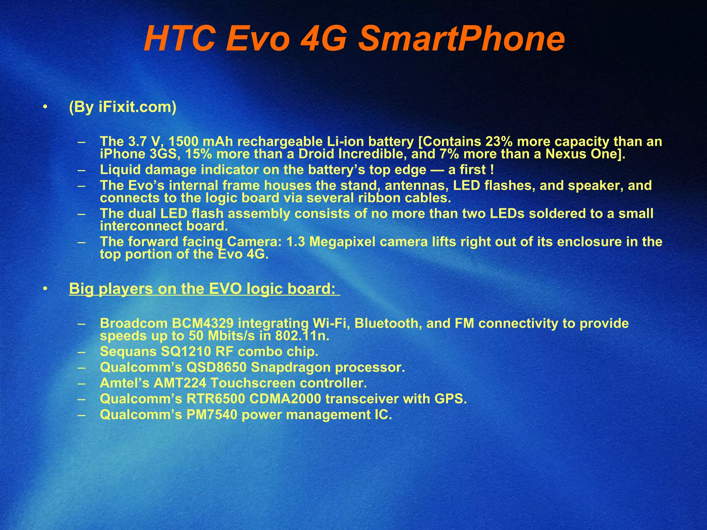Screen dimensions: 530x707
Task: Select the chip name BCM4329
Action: tap(203, 324)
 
